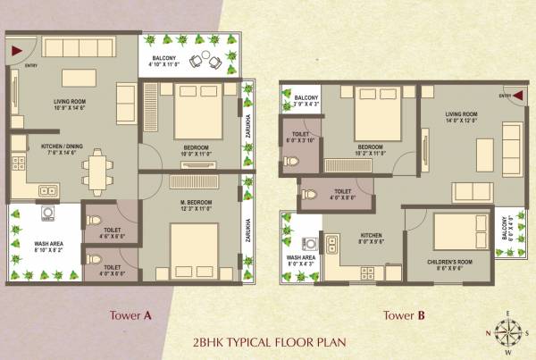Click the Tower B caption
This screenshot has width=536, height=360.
pos(406,314)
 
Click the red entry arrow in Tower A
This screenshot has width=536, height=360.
pos(16,51)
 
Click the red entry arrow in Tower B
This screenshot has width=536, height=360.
pos(517,96)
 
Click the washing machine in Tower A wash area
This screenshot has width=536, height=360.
pos(48,215)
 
